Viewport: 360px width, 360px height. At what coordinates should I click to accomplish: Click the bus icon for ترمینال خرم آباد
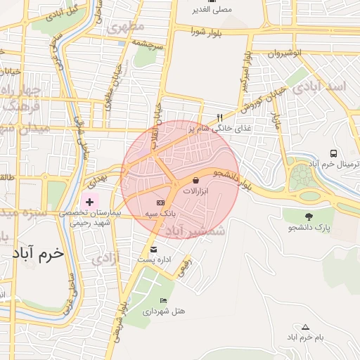333,153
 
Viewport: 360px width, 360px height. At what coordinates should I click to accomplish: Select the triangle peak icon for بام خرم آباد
305,327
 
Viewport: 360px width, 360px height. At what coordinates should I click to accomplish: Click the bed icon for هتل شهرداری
164,300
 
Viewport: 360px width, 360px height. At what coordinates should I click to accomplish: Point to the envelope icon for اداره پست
154,249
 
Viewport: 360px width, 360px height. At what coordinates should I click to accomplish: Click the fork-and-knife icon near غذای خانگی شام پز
219,117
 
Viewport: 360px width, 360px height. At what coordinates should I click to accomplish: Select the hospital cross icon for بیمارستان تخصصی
89,202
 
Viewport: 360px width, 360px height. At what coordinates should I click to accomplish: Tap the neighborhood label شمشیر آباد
195,230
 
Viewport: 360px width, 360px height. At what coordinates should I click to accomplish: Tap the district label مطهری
126,26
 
